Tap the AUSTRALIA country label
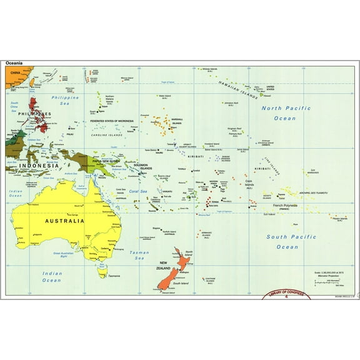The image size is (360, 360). click(x=63, y=221)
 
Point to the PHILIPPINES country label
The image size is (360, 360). click(x=34, y=113)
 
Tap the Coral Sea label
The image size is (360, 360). click(x=137, y=191)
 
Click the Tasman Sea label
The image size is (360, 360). click(x=139, y=255)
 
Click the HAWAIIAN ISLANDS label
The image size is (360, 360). click(x=237, y=92)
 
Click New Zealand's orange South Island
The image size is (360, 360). click(x=168, y=279)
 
